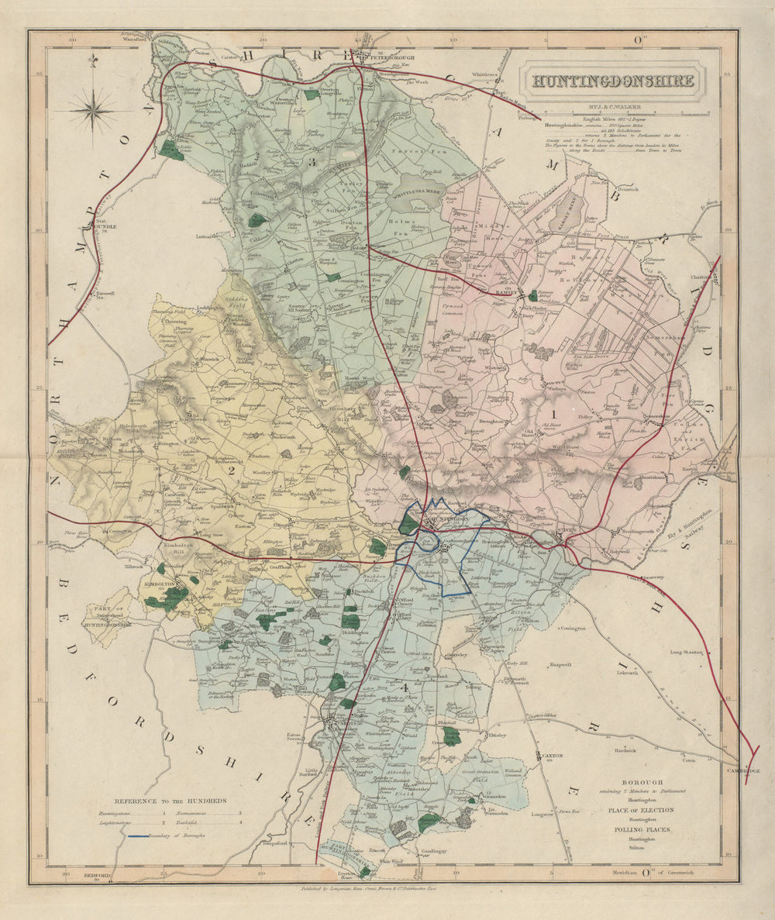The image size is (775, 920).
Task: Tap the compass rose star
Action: point(92,109)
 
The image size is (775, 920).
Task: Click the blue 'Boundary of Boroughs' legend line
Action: point(148,836)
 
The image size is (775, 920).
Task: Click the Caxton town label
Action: point(551,754)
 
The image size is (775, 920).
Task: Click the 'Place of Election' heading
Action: point(640,810)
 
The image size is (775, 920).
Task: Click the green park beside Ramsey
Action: point(532,295)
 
